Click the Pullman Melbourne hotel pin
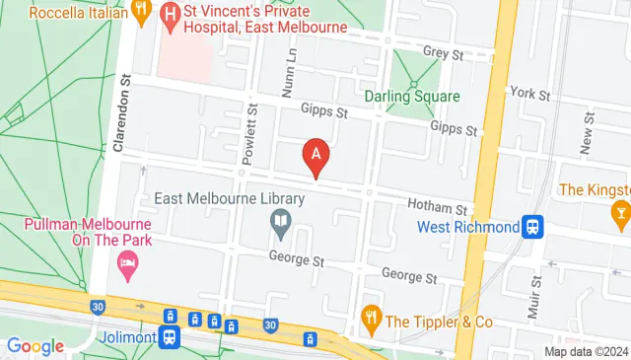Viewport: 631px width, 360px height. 127,262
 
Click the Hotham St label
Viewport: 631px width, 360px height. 437,209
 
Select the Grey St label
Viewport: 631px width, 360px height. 443,50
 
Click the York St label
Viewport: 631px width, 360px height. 529,93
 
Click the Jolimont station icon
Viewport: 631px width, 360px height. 170,336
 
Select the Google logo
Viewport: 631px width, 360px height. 35,346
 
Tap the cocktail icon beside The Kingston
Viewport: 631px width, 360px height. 621,211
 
